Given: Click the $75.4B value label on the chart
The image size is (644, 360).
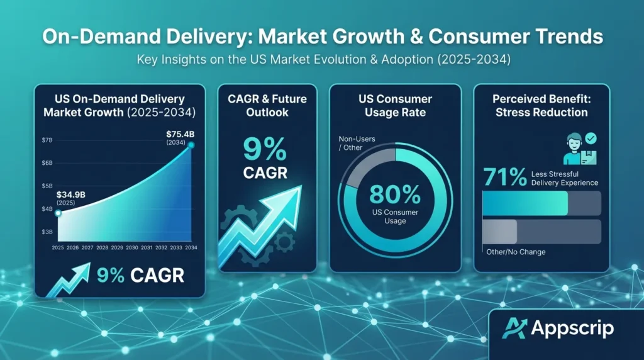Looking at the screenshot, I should pos(180,134).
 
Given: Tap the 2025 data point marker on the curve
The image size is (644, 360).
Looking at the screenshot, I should pos(58,213).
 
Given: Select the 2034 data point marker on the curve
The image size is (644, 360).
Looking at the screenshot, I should pos(191,145).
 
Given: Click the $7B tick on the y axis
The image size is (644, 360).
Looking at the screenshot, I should pos(47,139).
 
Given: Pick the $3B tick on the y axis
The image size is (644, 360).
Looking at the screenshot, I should pos(47,232).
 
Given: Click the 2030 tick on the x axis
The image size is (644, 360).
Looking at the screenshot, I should pos(131,248).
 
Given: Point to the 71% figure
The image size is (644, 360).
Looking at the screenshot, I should pos(504,177).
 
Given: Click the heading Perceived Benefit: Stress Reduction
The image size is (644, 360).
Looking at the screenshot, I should pos(540,106).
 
